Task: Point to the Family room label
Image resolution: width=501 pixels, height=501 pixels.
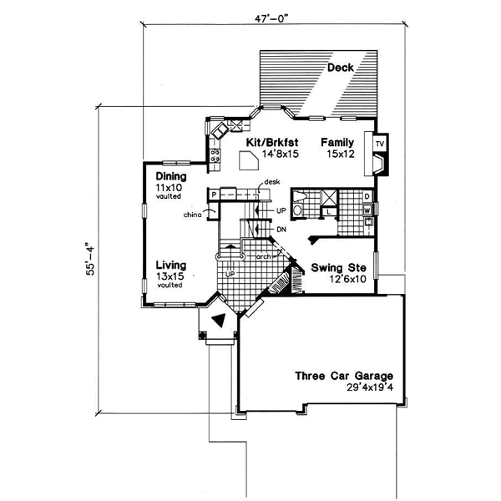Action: pyautogui.click(x=338, y=143)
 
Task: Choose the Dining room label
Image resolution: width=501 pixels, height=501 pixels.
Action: pyautogui.click(x=170, y=177)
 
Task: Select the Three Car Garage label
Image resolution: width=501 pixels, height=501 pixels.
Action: pyautogui.click(x=343, y=376)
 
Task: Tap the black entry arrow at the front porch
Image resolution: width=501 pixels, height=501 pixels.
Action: pyautogui.click(x=219, y=318)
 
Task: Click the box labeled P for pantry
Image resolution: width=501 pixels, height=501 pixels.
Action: pyautogui.click(x=214, y=195)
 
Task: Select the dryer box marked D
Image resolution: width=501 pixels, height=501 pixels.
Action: pyautogui.click(x=367, y=195)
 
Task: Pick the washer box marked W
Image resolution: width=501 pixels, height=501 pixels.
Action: pyautogui.click(x=367, y=210)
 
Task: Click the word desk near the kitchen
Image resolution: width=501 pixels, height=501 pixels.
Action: pyautogui.click(x=271, y=181)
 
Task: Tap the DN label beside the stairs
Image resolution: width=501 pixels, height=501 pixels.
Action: pyautogui.click(x=281, y=228)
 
